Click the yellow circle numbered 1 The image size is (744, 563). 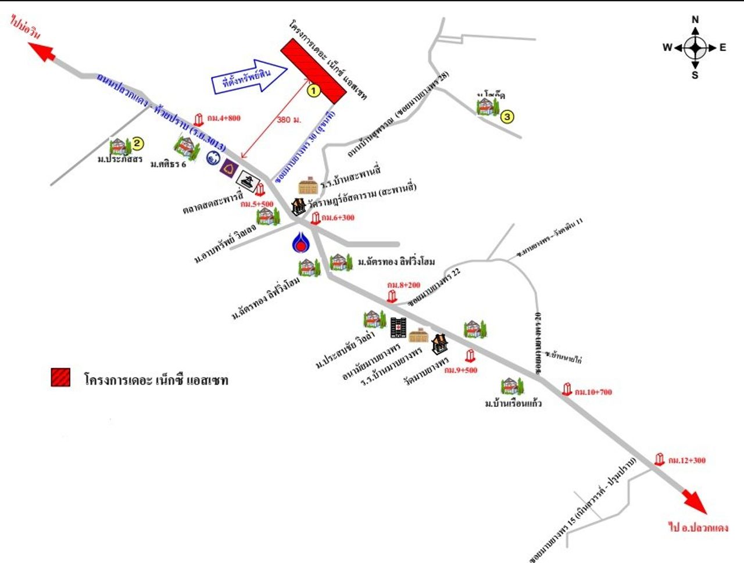(x=313, y=91)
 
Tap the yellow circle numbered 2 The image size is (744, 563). (x=138, y=143)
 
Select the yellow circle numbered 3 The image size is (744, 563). (x=507, y=117)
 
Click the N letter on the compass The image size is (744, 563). (x=695, y=20)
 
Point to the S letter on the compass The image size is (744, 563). (x=695, y=75)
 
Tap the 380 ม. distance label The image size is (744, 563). (x=289, y=120)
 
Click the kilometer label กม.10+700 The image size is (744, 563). (x=593, y=392)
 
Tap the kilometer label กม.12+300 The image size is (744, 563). (x=686, y=460)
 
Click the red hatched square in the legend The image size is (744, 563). (x=60, y=378)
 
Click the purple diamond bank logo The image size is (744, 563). (x=228, y=168)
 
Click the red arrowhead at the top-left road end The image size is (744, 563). (x=46, y=52)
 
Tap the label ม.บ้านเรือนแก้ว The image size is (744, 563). (x=513, y=403)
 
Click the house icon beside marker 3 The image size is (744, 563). (x=486, y=107)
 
